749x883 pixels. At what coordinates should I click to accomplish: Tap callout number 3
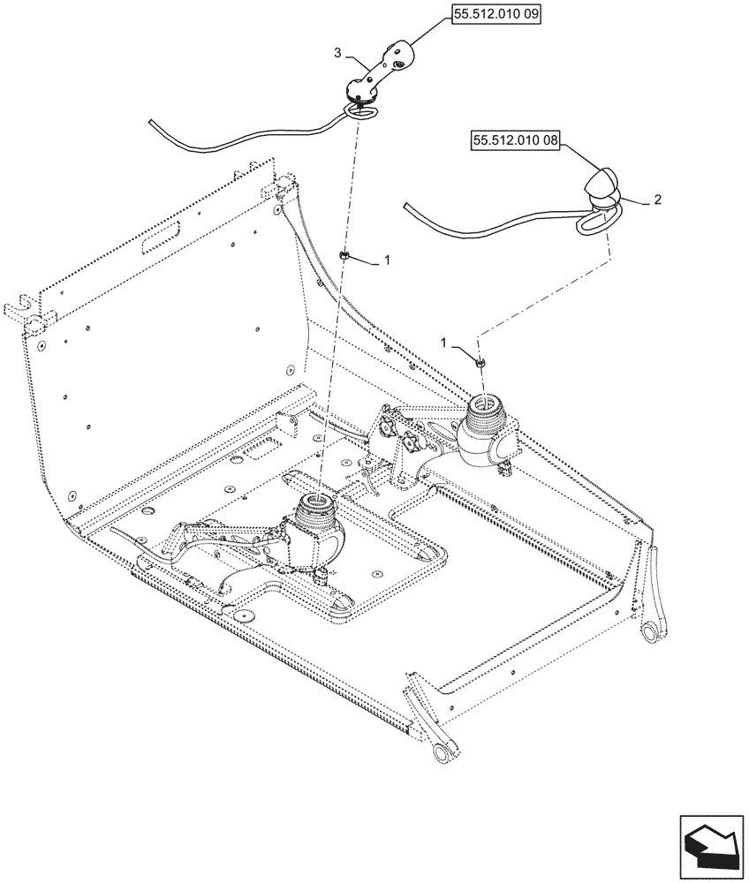click(337, 54)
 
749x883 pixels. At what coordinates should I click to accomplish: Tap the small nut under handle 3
click(344, 257)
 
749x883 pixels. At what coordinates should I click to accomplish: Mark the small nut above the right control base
click(479, 361)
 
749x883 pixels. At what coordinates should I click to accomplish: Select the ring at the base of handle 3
click(360, 111)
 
